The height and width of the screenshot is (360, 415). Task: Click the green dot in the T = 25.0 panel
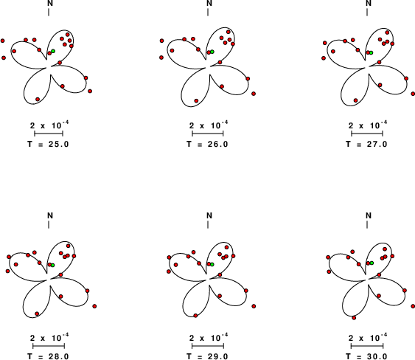53,51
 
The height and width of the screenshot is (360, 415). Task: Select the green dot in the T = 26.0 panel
212,52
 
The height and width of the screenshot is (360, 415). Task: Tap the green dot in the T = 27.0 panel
371,52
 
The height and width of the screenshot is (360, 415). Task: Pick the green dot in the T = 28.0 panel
52,265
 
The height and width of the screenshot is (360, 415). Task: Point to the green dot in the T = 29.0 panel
212,264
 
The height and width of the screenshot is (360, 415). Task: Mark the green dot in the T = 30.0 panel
372,263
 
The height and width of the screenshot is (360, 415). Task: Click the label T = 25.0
48,144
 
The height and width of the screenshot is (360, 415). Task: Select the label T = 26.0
207,144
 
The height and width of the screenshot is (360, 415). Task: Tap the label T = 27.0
366,144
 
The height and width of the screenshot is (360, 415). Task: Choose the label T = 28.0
48,356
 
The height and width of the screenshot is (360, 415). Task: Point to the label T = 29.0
207,356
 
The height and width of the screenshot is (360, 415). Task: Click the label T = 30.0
366,356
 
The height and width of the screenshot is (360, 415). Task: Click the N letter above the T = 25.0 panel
50,3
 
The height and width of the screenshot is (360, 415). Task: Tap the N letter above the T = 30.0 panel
369,215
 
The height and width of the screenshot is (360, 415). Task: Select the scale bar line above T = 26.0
208,134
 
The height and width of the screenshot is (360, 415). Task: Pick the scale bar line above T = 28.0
49,346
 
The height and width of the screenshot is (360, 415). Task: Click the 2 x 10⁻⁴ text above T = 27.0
368,125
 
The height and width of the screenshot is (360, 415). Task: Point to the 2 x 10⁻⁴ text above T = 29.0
209,337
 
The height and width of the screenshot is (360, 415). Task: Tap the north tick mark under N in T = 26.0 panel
208,13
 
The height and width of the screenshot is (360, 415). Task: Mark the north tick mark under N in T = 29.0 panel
208,225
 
